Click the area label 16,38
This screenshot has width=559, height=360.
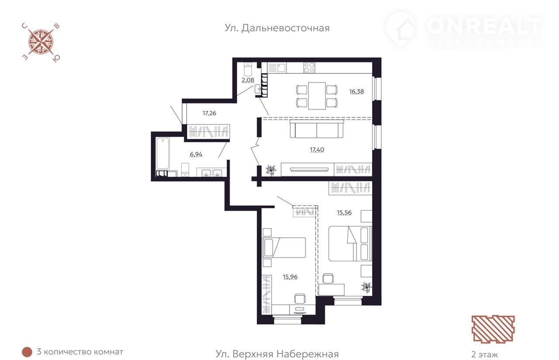tap(356, 92)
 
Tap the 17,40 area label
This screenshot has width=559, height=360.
tap(317, 149)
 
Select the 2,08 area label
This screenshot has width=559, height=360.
tap(248, 80)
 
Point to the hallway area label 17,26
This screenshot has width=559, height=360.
tap(209, 113)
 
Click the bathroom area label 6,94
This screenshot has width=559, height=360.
tap(196, 154)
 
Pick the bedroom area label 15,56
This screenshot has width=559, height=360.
tap(344, 212)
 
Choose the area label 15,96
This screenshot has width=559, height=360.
tap(290, 277)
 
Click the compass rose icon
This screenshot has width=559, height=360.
tap(41, 42)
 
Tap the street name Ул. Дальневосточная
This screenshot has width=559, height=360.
tap(277, 28)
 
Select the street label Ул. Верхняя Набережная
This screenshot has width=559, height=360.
tap(277, 354)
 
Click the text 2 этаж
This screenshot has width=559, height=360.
tap(484, 354)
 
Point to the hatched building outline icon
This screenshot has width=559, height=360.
tap(493, 329)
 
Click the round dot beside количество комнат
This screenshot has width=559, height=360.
tap(27, 352)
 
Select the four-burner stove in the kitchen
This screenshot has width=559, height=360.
tap(309, 67)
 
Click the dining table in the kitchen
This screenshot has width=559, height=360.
tap(317, 96)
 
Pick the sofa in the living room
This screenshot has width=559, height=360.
tap(317, 128)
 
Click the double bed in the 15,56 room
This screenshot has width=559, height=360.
tap(350, 243)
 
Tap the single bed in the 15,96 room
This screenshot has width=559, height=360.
tap(284, 247)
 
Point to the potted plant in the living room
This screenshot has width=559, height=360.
tap(271, 170)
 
